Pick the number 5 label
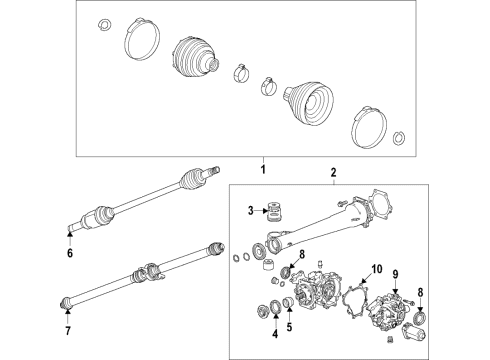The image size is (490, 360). point(291,325)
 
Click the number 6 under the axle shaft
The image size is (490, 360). point(69,254)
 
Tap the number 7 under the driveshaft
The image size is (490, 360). point(67,330)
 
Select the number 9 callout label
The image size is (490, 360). point(395,274)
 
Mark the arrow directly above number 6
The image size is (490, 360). point(69,237)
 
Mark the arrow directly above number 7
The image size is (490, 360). point(67,313)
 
